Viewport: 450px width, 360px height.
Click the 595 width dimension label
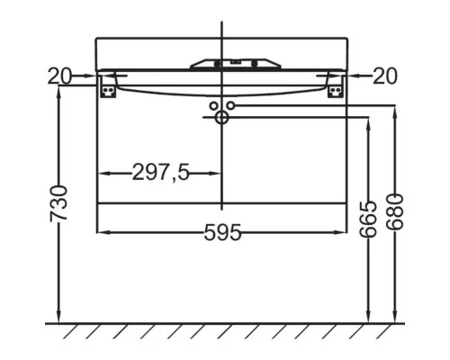tap(222, 232)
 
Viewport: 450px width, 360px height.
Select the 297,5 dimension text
tap(161, 173)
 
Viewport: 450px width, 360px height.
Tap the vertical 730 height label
tap(58, 203)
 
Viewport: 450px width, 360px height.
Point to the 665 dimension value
tap(368, 219)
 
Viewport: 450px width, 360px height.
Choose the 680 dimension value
tap(395, 211)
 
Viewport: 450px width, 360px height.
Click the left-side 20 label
tap(59, 76)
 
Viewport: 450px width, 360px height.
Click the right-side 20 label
tap(385, 76)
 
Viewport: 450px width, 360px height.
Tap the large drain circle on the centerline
tap(221, 117)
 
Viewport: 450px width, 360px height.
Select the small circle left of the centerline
tap(213, 105)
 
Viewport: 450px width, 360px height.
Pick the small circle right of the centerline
tap(230, 105)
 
